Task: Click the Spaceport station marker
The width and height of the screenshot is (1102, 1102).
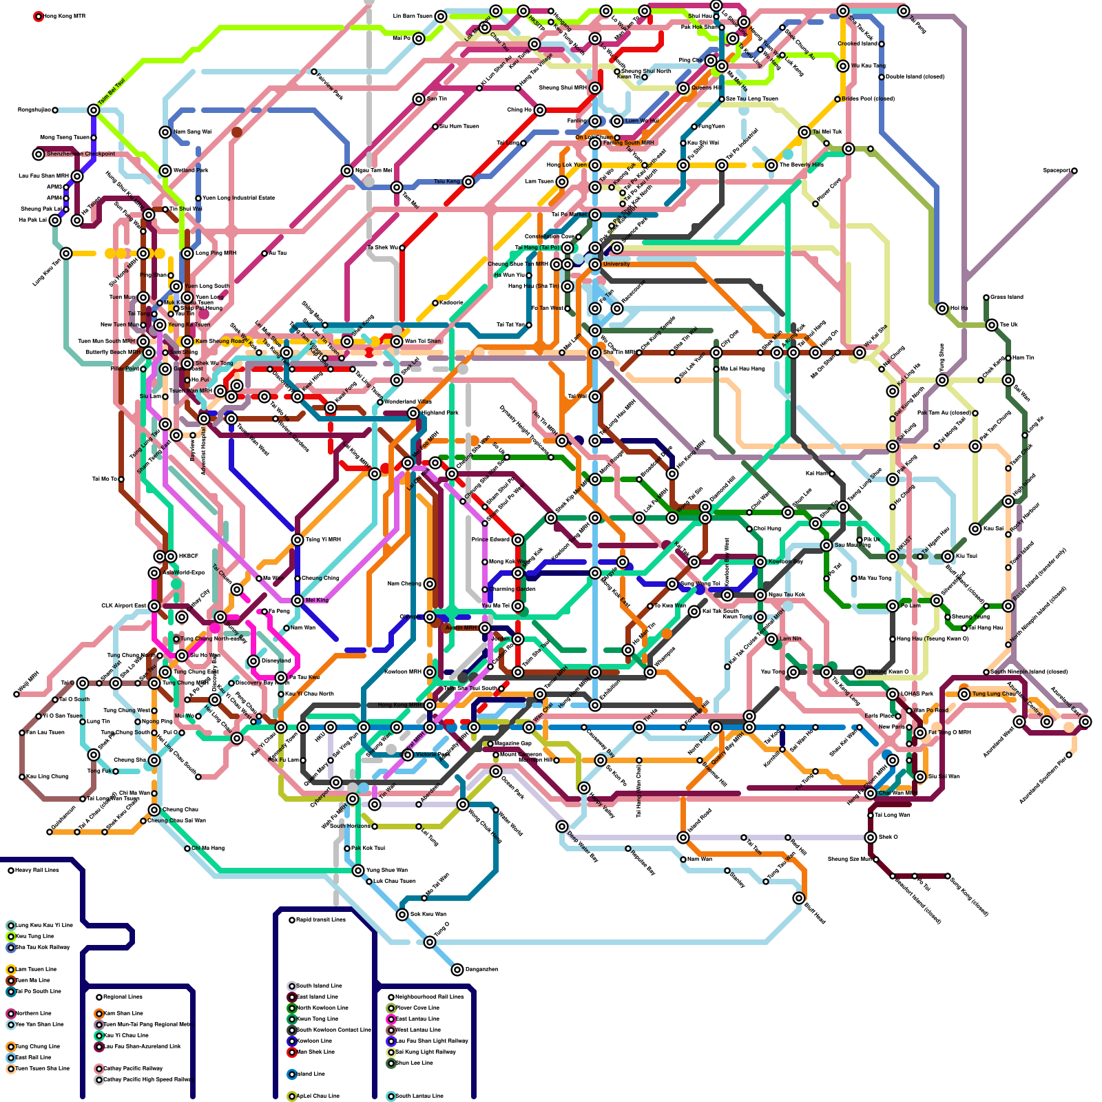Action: (1074, 171)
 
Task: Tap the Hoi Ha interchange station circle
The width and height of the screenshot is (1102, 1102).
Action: (942, 309)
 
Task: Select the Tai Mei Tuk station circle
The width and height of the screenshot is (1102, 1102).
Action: (804, 132)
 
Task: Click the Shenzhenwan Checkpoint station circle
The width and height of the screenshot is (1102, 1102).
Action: (39, 154)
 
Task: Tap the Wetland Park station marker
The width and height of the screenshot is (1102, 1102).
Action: (165, 171)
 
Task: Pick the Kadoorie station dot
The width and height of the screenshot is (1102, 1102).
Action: (435, 303)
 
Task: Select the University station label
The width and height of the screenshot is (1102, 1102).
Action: (616, 264)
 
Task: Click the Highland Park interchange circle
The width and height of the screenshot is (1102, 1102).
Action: (413, 413)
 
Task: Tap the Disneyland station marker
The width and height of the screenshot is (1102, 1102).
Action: (253, 661)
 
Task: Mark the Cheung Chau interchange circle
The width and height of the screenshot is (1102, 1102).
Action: (154, 810)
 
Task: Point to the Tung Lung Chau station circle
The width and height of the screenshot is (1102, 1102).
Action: (964, 694)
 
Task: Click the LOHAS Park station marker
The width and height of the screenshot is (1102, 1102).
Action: (893, 694)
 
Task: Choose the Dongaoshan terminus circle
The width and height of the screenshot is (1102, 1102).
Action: (457, 970)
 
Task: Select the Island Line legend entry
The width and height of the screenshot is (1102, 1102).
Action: (310, 1074)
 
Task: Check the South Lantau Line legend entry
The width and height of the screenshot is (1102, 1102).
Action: (419, 1096)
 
